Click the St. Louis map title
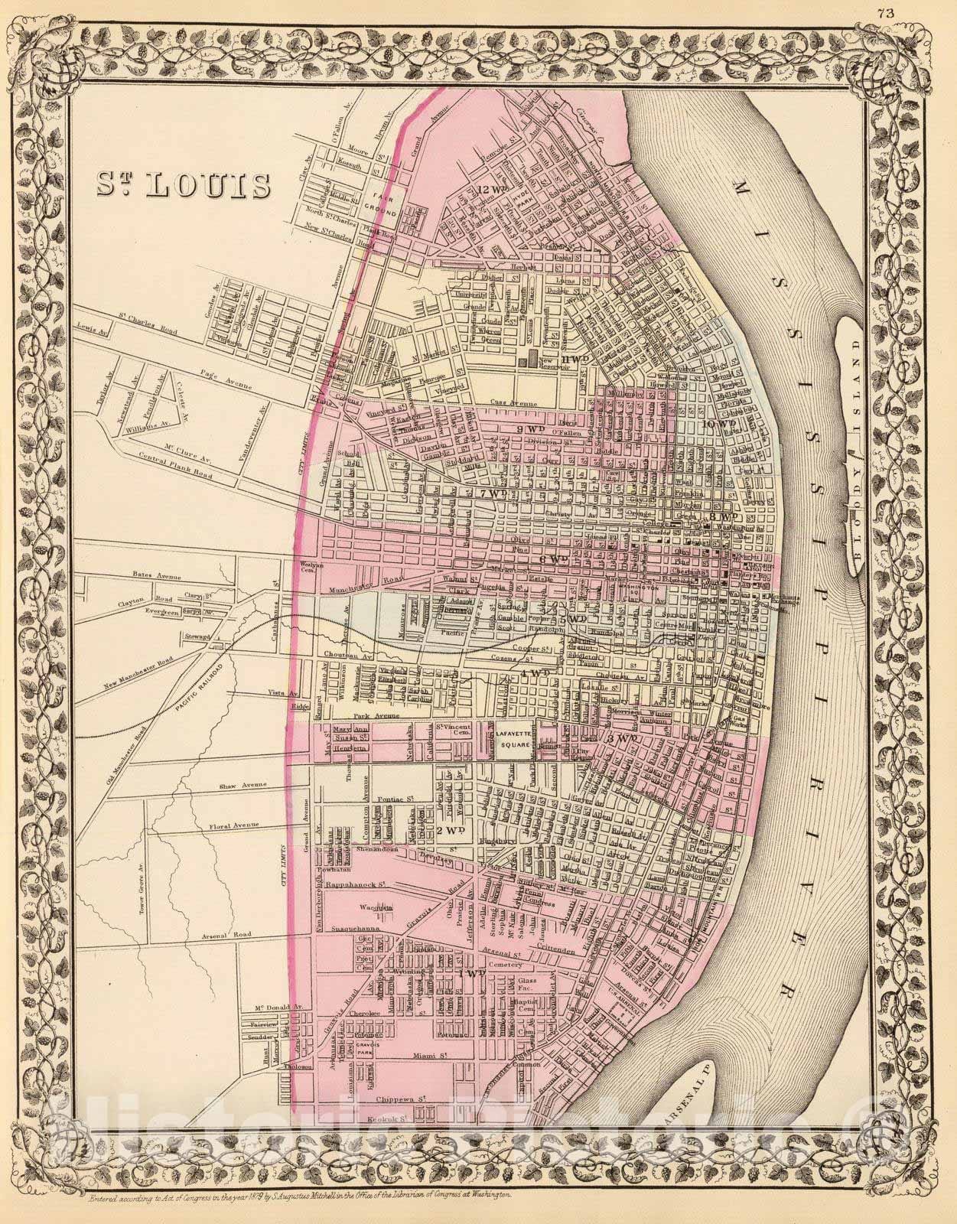click(x=184, y=184)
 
